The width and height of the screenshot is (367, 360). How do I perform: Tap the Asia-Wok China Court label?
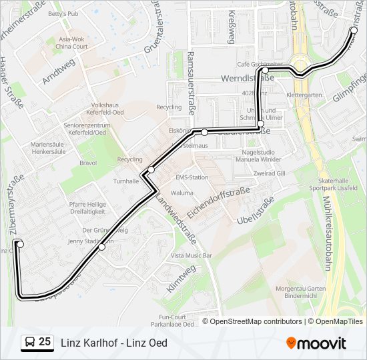pyautogui.click(x=71, y=43)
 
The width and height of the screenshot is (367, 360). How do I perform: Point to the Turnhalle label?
pyautogui.click(x=126, y=181)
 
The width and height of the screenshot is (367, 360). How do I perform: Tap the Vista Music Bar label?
pyautogui.click(x=192, y=255)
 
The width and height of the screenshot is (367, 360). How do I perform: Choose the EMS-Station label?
pyautogui.click(x=192, y=177)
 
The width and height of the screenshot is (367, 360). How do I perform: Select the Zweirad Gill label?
pyautogui.click(x=270, y=172)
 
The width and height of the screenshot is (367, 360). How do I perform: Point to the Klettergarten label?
pyautogui.click(x=304, y=95)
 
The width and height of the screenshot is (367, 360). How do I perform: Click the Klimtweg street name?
pyautogui.click(x=181, y=278)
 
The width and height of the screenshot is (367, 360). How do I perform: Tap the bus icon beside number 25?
pyautogui.click(x=29, y=343)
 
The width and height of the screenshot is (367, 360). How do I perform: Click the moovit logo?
pyautogui.click(x=316, y=343)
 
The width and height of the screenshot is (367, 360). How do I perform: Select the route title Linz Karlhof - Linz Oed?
pyautogui.click(x=114, y=343)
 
